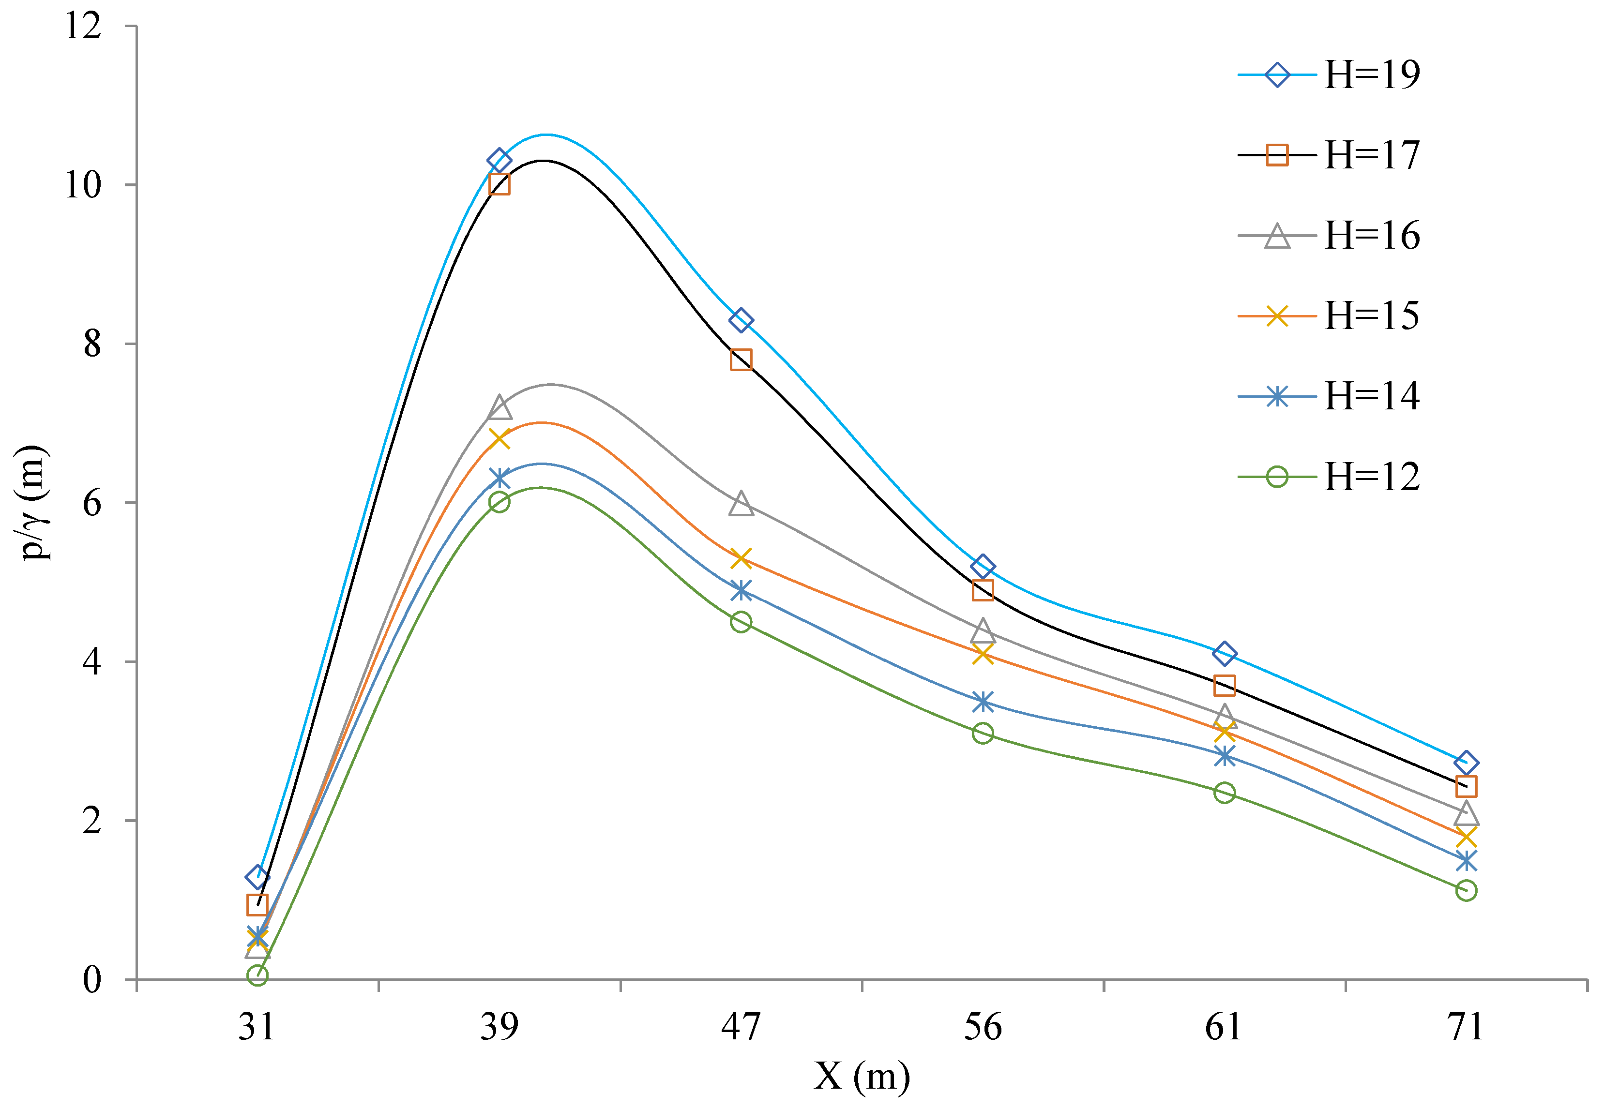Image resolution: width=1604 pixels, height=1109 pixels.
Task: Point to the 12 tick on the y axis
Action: pyautogui.click(x=83, y=27)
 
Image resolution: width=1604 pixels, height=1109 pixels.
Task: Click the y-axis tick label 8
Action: pyautogui.click(x=92, y=344)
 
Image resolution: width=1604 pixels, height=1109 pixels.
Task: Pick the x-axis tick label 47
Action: pyautogui.click(x=741, y=1026)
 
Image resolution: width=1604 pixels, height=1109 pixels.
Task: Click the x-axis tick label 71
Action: pyautogui.click(x=1466, y=1026)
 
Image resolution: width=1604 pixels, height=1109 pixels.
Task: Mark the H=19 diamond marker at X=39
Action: pyautogui.click(x=499, y=161)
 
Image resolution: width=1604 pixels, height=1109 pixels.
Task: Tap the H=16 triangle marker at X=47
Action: pyautogui.click(x=741, y=503)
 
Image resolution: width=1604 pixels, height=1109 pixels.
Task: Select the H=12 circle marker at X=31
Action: pyautogui.click(x=257, y=975)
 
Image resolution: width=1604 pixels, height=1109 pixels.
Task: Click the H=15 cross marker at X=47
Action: pyautogui.click(x=741, y=558)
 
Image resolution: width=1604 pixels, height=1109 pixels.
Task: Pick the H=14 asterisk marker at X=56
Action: pyautogui.click(x=983, y=702)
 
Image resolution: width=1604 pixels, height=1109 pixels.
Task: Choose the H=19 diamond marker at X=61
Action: pyautogui.click(x=1225, y=654)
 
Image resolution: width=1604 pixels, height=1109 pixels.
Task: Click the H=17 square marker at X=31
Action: pyautogui.click(x=257, y=905)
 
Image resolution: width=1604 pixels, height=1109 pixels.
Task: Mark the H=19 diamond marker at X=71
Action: pyautogui.click(x=1466, y=762)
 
